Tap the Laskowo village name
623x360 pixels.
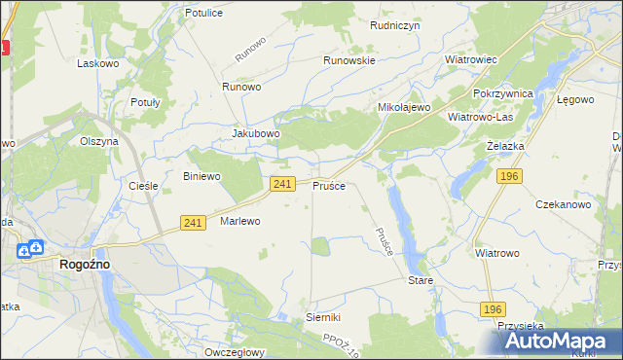coord(97,63)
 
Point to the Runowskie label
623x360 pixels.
coord(349,59)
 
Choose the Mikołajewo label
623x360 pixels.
coord(404,107)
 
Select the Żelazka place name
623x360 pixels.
coord(505,145)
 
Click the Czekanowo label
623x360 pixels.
coord(564,204)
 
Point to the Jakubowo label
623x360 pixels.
coord(256,133)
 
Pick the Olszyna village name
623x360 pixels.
coord(99,140)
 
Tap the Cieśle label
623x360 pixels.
coord(144,185)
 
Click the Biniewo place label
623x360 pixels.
coord(202,176)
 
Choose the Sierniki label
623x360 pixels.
coord(323,317)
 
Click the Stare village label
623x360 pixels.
coord(420,280)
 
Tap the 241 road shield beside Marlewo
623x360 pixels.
coord(192,224)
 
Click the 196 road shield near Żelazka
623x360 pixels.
coord(508,175)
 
